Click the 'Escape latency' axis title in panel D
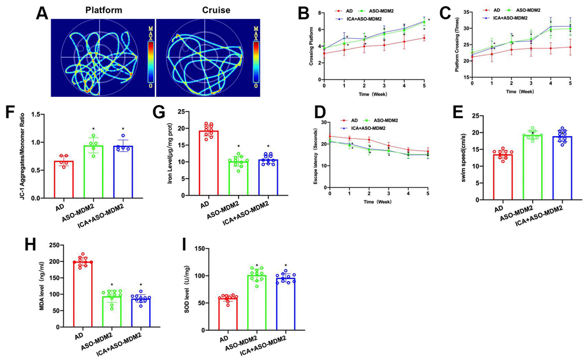(315, 153)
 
